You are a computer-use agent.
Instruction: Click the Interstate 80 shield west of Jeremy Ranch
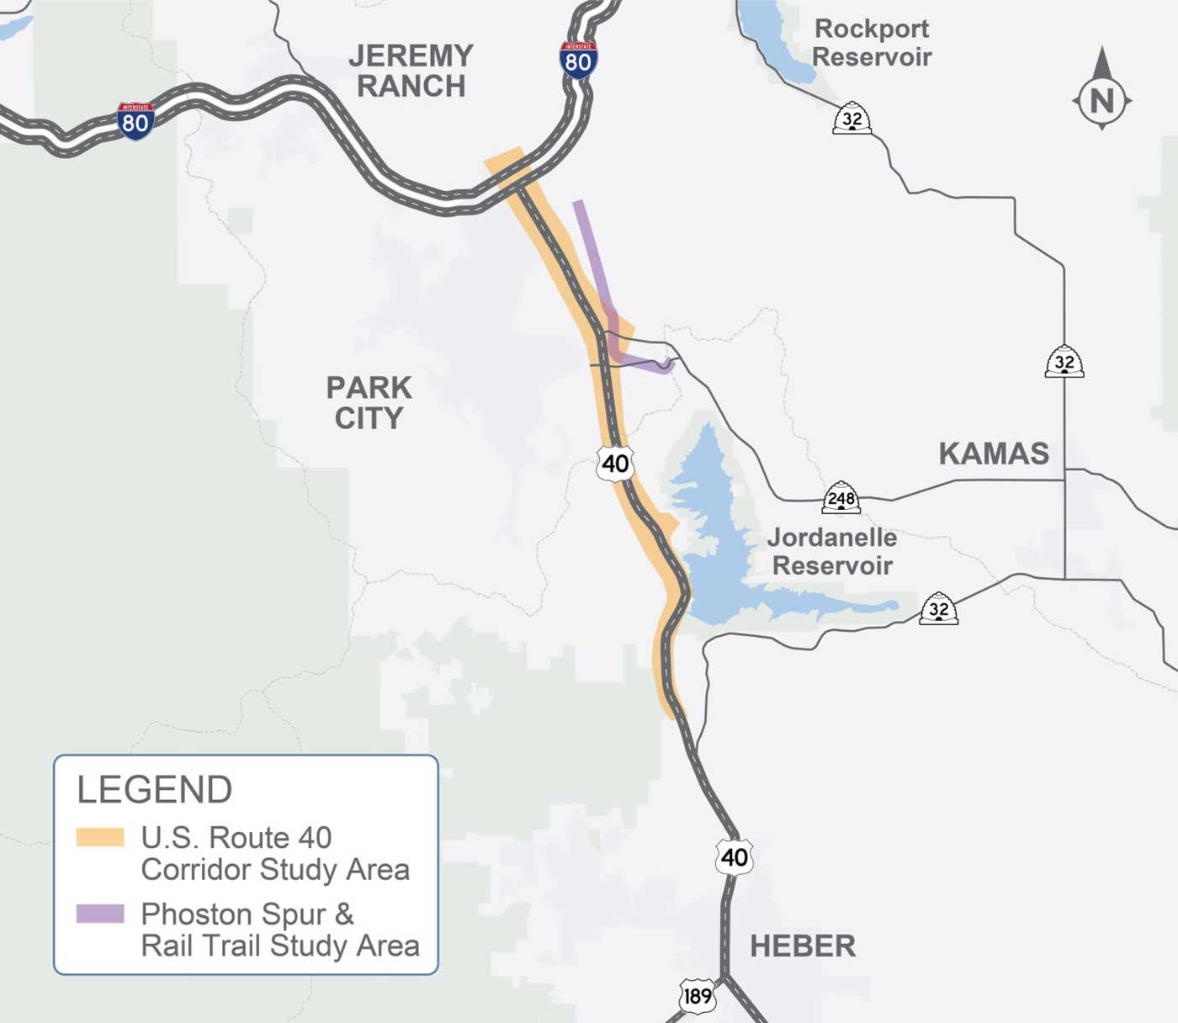click(135, 121)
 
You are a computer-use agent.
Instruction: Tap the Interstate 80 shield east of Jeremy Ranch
click(578, 60)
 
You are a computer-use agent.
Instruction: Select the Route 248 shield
click(841, 497)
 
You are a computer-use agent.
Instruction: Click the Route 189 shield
click(697, 996)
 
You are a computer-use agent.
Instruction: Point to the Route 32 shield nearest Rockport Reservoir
click(852, 119)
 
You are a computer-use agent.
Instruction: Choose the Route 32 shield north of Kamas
click(1064, 362)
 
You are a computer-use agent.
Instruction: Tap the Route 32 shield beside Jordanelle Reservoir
click(938, 608)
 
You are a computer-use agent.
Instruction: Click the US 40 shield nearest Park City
click(615, 463)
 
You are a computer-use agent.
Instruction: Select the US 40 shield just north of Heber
click(734, 856)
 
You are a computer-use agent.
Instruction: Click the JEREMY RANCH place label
click(411, 71)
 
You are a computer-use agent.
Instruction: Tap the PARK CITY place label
click(369, 403)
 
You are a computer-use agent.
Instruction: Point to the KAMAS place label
click(994, 453)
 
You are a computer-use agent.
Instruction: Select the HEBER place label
click(802, 946)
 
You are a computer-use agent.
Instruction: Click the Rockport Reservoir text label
click(872, 43)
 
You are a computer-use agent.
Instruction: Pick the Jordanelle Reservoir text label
click(831, 551)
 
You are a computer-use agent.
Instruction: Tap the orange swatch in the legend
click(100, 837)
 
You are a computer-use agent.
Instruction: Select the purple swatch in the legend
click(100, 914)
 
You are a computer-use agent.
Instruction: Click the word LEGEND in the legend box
click(155, 790)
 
